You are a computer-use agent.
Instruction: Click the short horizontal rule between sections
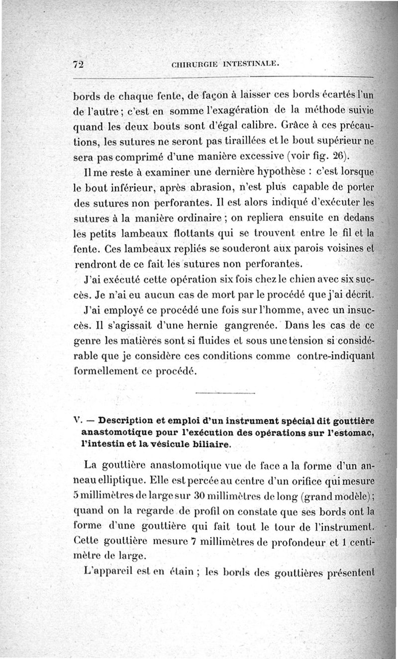(x=225, y=394)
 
